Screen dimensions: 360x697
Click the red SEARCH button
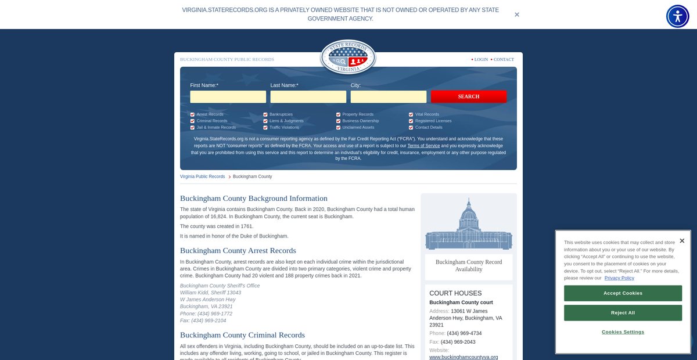[468, 96]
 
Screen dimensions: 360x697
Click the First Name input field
[228, 96]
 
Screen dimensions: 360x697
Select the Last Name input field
[308, 96]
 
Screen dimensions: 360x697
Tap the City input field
[388, 96]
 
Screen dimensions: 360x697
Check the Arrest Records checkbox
[192, 114]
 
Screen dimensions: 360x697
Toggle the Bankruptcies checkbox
[265, 114]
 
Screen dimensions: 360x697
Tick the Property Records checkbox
[338, 114]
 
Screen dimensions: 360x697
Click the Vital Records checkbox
[411, 114]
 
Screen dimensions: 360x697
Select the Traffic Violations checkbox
[265, 127]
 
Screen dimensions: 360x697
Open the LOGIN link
[481, 59]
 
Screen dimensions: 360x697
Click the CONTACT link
[504, 59]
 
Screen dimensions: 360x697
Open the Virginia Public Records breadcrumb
[202, 177]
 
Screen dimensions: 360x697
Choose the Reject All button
[623, 313]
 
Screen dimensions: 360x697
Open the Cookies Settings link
[623, 332]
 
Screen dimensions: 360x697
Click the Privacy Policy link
[619, 278]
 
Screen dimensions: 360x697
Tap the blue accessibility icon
[677, 16]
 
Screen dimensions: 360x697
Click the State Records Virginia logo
[348, 57]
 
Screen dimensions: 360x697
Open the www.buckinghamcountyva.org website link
[464, 357]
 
